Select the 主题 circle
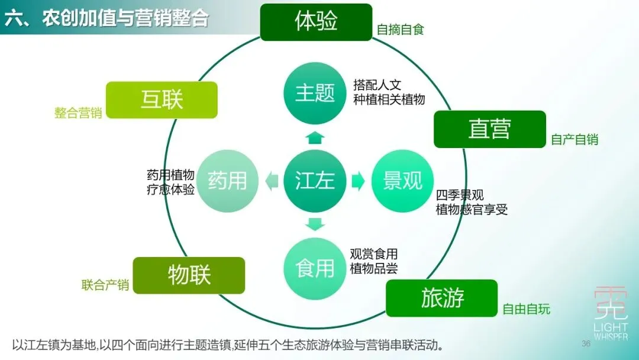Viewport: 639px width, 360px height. point(315,93)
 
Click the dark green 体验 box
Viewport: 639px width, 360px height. point(316,22)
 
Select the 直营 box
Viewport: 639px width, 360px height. point(489,129)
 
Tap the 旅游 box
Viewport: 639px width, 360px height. point(441,298)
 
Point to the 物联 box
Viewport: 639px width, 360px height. point(189,275)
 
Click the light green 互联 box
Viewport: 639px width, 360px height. point(162,99)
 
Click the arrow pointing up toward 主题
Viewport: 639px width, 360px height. point(315,138)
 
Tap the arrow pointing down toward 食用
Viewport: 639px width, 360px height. point(315,224)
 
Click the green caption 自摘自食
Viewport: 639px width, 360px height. point(401,30)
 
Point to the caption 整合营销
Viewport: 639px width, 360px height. point(78,113)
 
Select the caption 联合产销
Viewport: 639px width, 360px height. point(105,285)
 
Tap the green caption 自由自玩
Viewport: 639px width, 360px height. point(526,309)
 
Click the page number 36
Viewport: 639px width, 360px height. point(586,344)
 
